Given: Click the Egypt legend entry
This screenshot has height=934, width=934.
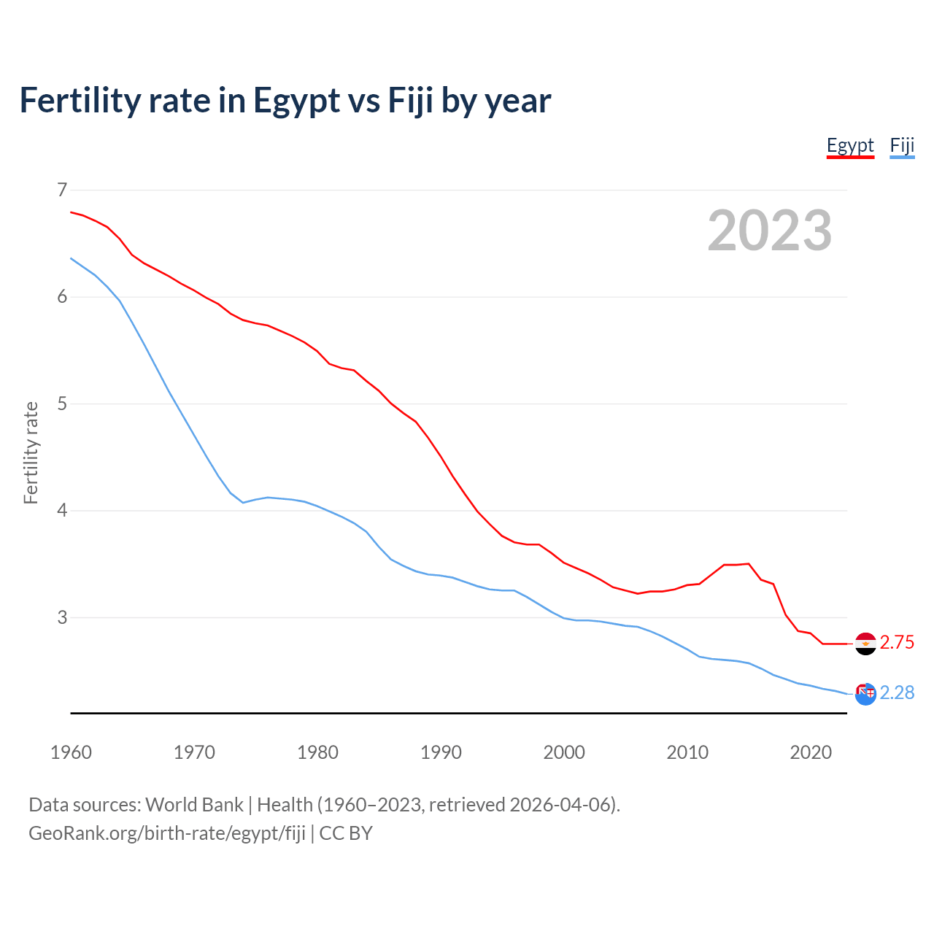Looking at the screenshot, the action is coord(850,145).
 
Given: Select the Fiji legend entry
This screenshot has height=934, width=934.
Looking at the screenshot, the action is coord(902,145).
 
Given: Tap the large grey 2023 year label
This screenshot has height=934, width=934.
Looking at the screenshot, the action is coord(770,231).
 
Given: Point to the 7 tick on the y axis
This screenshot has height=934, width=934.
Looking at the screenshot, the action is coord(62,190).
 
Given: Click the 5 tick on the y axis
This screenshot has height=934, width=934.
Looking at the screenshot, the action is coord(62,404).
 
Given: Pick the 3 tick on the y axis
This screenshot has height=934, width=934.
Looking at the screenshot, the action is coord(62,617).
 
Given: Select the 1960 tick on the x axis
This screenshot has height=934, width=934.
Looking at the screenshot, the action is coord(71,752).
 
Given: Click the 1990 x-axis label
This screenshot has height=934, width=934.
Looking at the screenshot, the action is coord(441,752).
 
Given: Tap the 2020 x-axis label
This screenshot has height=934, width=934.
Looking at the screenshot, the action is coord(811,752).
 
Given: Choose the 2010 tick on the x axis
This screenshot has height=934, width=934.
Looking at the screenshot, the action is coord(687,752).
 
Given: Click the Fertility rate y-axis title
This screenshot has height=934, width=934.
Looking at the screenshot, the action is coord(31,452).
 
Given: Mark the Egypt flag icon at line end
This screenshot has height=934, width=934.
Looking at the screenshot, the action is coord(865,644).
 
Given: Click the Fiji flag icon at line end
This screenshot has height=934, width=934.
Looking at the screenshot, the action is coord(865,694).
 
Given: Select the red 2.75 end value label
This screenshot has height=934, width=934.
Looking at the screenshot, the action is coord(897,642).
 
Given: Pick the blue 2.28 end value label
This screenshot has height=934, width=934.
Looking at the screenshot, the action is coord(897,692).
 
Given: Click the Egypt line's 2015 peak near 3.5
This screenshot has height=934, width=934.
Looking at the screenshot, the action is coord(749,563).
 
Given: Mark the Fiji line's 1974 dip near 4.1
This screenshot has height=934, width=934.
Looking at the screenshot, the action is coord(243,502).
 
